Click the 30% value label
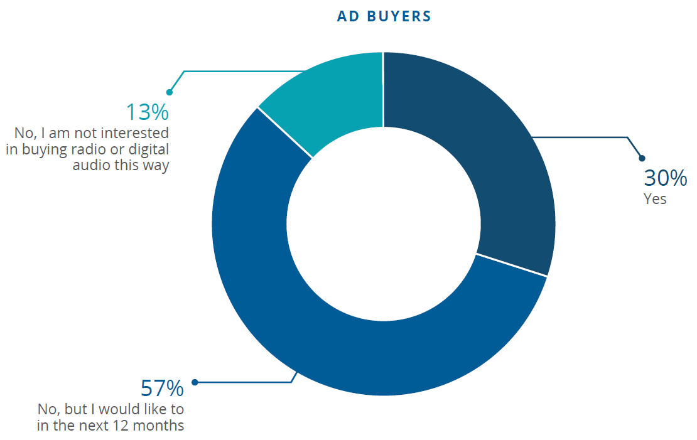point(665,178)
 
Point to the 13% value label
point(147,112)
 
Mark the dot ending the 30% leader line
point(641,158)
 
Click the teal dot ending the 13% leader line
point(169,92)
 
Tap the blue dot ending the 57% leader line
point(195,382)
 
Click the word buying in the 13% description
point(43,150)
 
